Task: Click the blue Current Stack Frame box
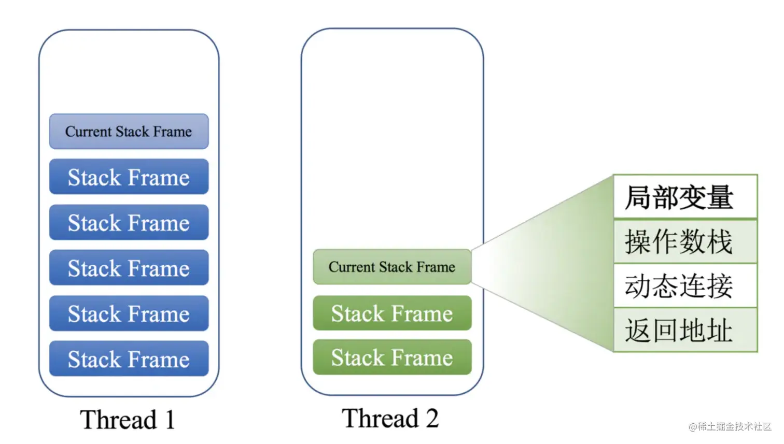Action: pyautogui.click(x=129, y=132)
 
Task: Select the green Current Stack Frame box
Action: pyautogui.click(x=392, y=267)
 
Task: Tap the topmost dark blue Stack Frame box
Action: pyautogui.click(x=129, y=177)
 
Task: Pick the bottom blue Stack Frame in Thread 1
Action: pyautogui.click(x=129, y=359)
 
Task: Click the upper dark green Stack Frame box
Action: pyautogui.click(x=392, y=313)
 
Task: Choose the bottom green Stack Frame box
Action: pyautogui.click(x=392, y=357)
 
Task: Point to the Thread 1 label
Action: pyautogui.click(x=128, y=419)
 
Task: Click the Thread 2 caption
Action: pyautogui.click(x=390, y=418)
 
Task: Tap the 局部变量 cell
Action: pyautogui.click(x=685, y=196)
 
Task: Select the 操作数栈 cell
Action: pyautogui.click(x=685, y=241)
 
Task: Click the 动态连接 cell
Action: pyautogui.click(x=685, y=285)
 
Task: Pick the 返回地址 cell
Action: pyautogui.click(x=685, y=330)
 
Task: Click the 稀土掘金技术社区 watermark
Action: pyautogui.click(x=730, y=426)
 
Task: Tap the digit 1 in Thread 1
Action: pyautogui.click(x=170, y=420)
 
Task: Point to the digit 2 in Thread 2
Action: pyautogui.click(x=432, y=418)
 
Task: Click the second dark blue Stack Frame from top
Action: pyautogui.click(x=129, y=222)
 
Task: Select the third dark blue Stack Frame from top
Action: pyautogui.click(x=129, y=267)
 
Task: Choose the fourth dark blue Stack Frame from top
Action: pyautogui.click(x=129, y=313)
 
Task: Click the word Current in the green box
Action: pyautogui.click(x=352, y=267)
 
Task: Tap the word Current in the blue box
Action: pyautogui.click(x=89, y=132)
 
